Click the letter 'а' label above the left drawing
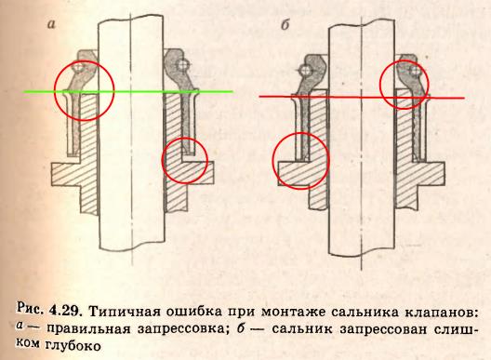51,24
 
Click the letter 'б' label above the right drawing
285,25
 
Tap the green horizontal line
128,91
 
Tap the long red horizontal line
362,97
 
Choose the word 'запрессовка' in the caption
185,329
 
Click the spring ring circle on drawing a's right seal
182,65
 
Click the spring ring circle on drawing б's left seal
304,70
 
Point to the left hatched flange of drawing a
65,174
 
